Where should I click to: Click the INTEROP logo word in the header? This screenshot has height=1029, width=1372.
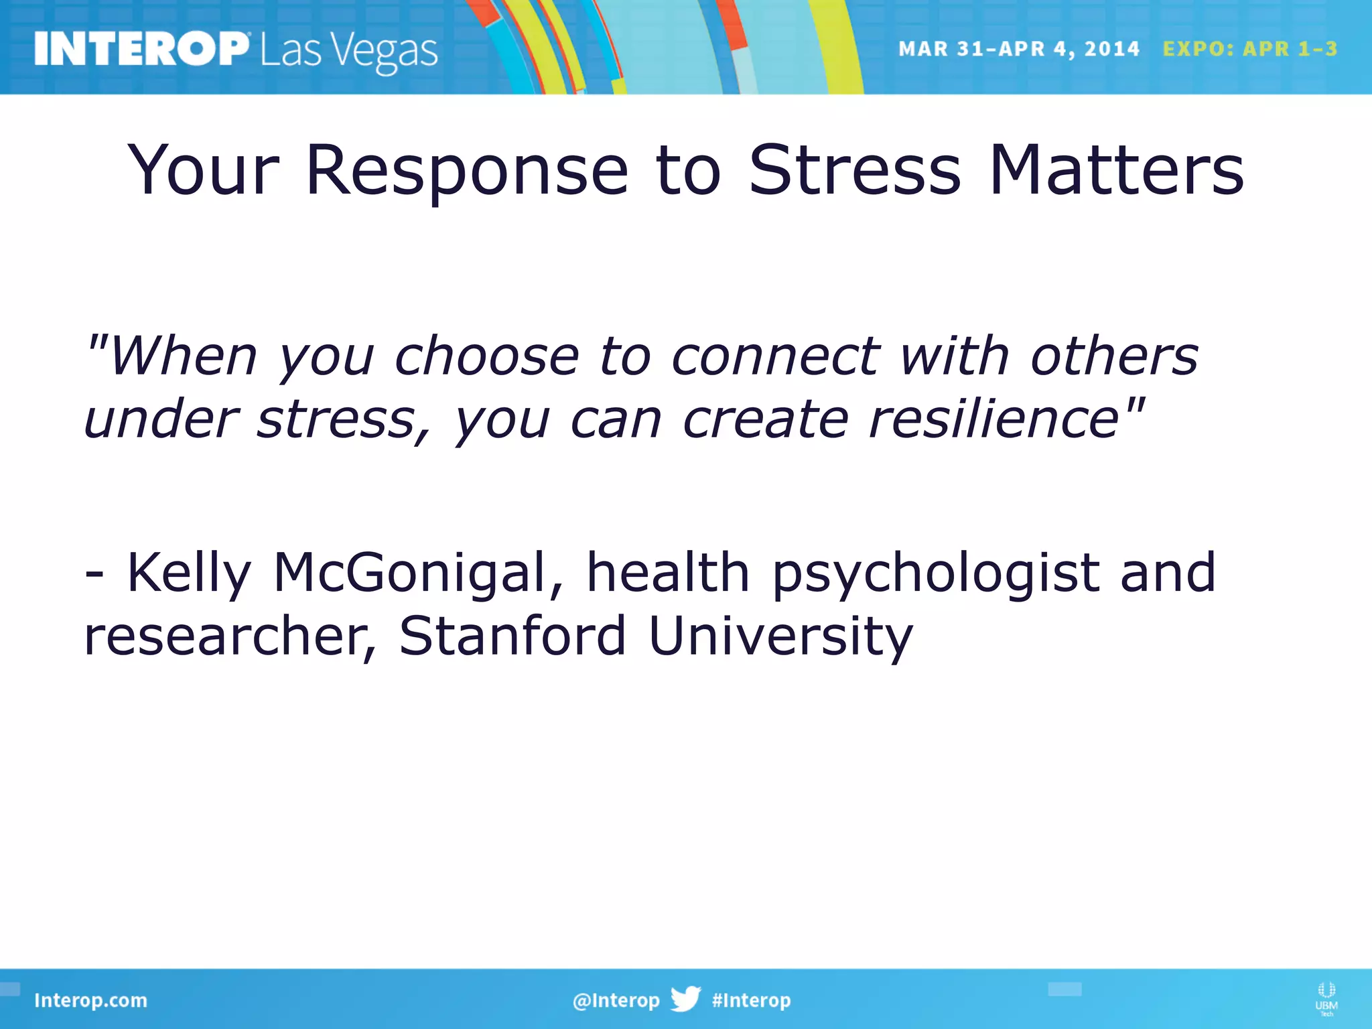pyautogui.click(x=141, y=49)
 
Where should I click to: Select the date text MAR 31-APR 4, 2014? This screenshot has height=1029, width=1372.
pyautogui.click(x=1018, y=49)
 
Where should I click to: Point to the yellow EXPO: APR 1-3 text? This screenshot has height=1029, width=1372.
pyautogui.click(x=1249, y=49)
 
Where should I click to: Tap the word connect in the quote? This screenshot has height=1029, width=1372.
pyautogui.click(x=776, y=356)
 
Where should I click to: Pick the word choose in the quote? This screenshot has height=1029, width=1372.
pyautogui.click(x=486, y=356)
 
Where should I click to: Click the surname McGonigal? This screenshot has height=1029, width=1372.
pyautogui.click(x=419, y=573)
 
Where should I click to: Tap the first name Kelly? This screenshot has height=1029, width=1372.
pyautogui.click(x=188, y=573)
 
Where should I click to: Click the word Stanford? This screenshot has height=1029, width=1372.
pyautogui.click(x=512, y=635)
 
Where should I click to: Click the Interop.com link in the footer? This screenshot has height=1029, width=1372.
pyautogui.click(x=90, y=1000)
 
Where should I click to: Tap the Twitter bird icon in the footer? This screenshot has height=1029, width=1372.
pyautogui.click(x=685, y=999)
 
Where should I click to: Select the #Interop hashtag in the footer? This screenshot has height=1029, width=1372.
pyautogui.click(x=751, y=1000)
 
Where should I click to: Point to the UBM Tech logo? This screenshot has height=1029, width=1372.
pyautogui.click(x=1326, y=998)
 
